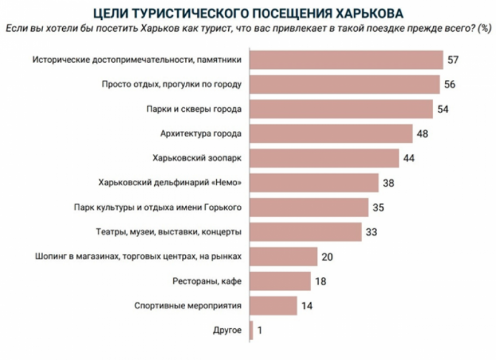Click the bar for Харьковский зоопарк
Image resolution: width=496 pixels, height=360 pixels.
324,158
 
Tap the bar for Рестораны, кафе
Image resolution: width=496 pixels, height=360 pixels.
280,281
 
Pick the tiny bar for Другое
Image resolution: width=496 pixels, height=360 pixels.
251,330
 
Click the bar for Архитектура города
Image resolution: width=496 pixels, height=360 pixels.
331,134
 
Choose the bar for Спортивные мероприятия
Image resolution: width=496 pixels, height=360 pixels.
273,306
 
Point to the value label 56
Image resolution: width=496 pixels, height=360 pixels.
451,85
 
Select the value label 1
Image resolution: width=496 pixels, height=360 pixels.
260,330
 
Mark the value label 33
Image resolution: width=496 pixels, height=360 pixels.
372,232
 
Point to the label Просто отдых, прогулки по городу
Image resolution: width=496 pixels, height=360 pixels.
172,85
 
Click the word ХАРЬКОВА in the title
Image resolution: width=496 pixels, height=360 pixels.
374,14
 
